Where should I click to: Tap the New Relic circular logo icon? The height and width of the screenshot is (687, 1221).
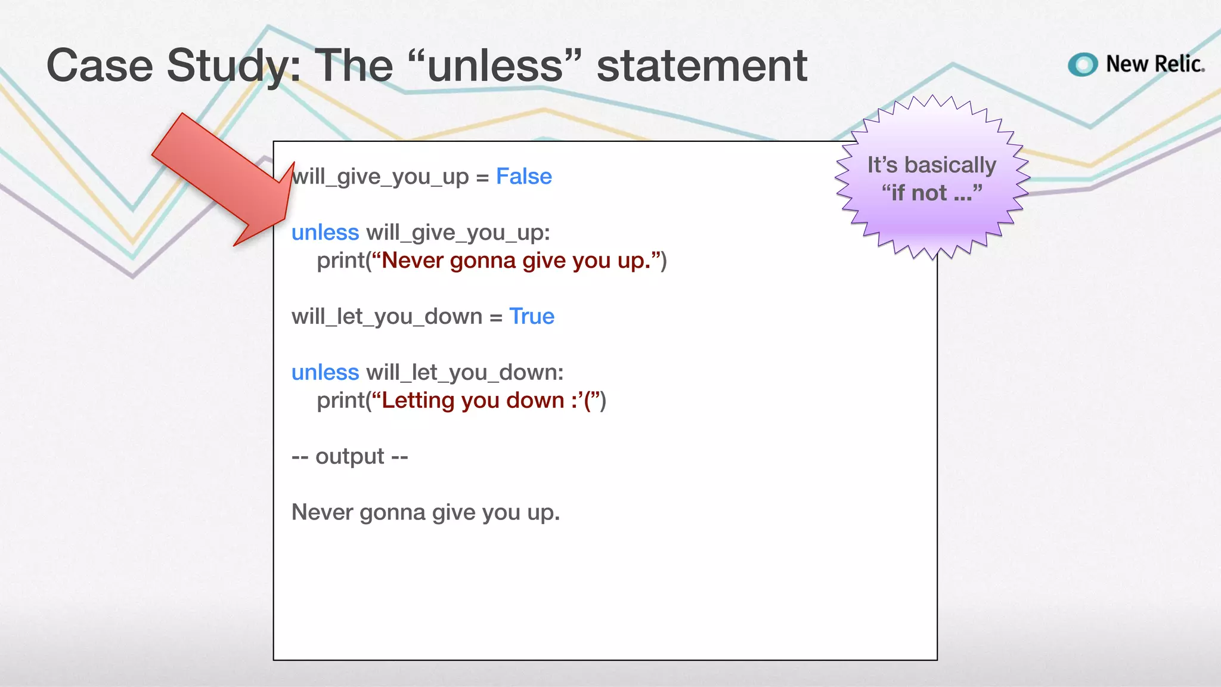click(x=1083, y=64)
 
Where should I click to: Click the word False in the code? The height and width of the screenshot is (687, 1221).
click(x=523, y=177)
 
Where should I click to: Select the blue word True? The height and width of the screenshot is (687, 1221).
click(x=532, y=316)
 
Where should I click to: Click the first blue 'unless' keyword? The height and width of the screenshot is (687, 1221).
click(x=325, y=233)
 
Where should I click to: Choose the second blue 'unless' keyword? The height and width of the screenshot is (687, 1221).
click(x=325, y=372)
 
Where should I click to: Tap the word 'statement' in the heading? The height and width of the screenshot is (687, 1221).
click(x=702, y=66)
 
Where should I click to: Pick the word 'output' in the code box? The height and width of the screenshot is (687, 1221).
click(x=349, y=456)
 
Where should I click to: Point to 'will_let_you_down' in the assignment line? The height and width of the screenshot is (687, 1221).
click(x=387, y=316)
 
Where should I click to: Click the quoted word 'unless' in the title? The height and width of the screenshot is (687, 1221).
click(x=495, y=66)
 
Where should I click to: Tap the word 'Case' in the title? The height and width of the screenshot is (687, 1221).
click(x=100, y=66)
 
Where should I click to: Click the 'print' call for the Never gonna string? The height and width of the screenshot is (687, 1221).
click(x=340, y=261)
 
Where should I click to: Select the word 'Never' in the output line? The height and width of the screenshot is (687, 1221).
click(x=322, y=512)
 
